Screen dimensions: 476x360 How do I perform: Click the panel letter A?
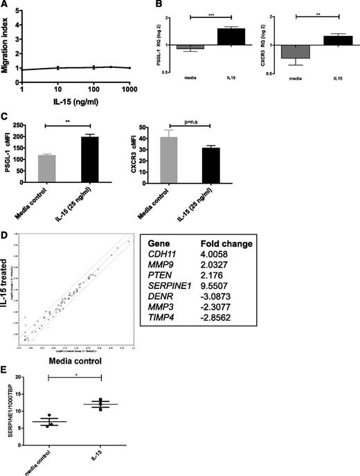(x=6, y=6)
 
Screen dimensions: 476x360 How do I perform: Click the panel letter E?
(x=6, y=369)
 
